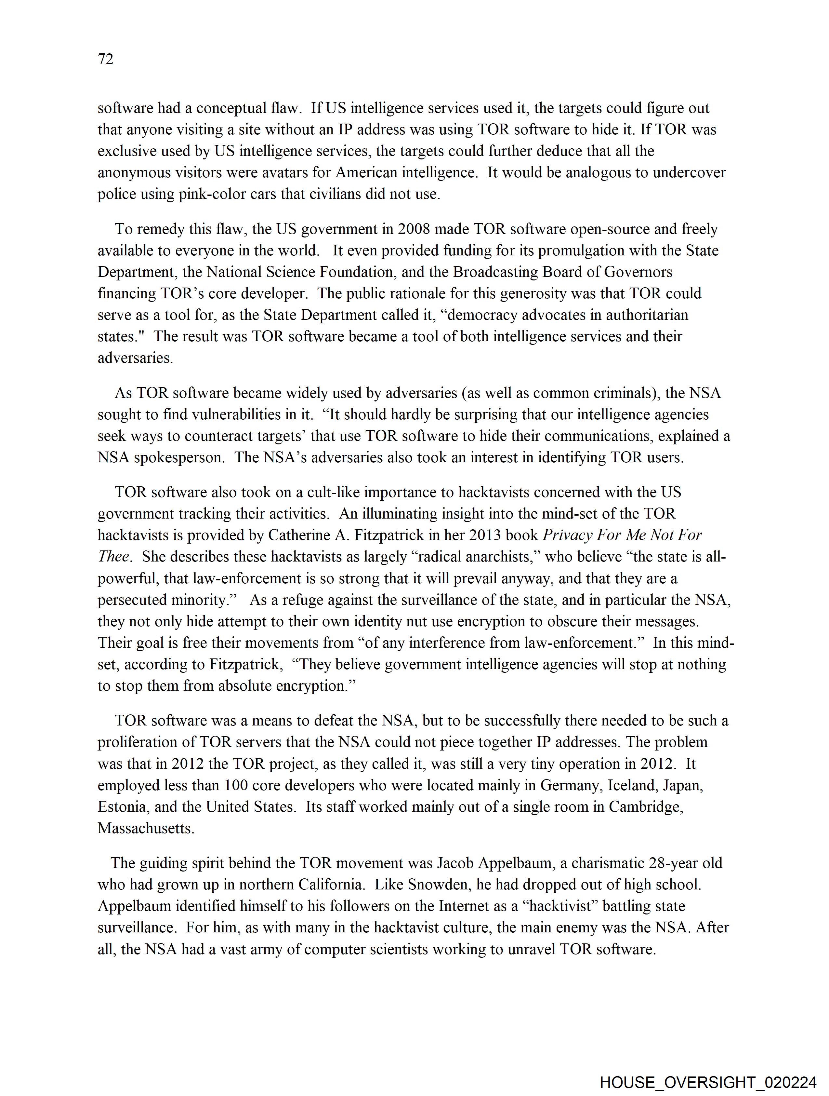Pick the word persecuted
coord(133,600)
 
